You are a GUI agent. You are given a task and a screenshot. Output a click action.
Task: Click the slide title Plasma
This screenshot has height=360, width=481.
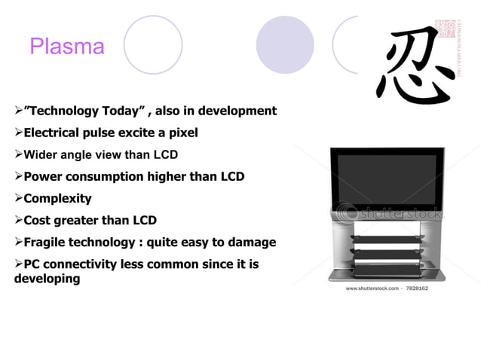point(67,47)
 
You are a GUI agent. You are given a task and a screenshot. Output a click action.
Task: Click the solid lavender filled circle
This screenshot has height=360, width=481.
point(285,44)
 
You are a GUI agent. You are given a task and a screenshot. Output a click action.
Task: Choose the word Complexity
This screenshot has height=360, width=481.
point(57,199)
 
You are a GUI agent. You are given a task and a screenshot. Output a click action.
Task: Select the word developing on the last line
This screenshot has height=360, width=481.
point(47,279)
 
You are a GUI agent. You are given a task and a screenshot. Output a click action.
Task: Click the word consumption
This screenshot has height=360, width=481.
point(109,177)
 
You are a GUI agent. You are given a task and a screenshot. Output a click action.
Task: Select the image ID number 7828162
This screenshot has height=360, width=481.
point(417,288)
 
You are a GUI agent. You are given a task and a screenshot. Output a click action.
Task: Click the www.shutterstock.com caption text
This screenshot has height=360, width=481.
point(372,288)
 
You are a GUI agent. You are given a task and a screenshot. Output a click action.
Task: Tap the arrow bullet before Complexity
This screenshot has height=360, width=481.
point(19,199)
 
